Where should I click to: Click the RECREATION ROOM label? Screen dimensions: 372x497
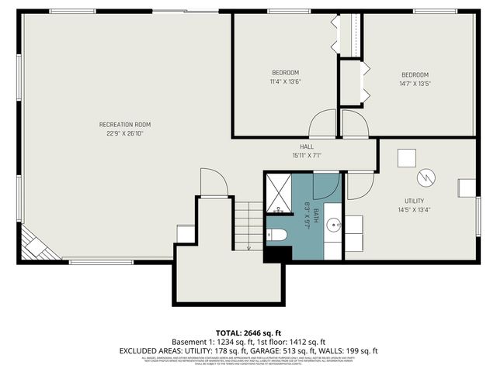click(x=124, y=125)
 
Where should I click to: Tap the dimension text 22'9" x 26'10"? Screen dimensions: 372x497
click(x=124, y=133)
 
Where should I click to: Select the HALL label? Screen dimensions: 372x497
click(x=307, y=146)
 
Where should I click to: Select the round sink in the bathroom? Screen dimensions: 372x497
click(x=333, y=226)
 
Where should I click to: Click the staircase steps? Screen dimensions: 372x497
click(x=248, y=225)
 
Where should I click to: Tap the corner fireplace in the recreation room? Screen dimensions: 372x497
click(x=34, y=247)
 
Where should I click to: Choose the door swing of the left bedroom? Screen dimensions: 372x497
click(x=323, y=125)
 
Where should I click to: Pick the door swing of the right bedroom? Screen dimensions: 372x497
click(x=355, y=125)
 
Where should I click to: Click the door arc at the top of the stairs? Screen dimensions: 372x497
click(x=213, y=182)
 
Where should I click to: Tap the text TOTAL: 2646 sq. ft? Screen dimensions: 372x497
click(x=248, y=332)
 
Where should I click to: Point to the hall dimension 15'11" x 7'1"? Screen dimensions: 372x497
click(x=307, y=155)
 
